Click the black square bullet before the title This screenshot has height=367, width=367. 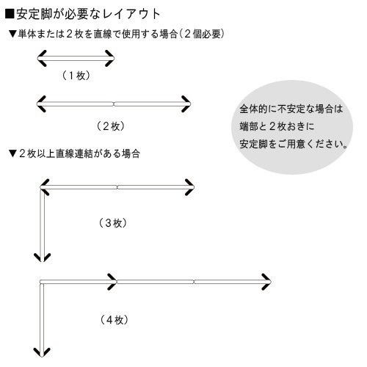pos(10,14)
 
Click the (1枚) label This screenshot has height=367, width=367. pos(76,76)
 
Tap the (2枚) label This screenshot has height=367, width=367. pos(111,126)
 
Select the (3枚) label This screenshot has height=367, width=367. pos(113,223)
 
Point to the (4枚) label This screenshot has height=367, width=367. pos(114,319)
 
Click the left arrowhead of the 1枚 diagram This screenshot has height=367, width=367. pos(42,58)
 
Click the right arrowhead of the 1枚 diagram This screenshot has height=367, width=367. pos(110,58)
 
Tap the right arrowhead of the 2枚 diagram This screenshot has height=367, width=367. pos(186,104)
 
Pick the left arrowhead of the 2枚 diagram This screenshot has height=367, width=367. pos(41,104)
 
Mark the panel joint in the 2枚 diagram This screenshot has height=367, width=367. pos(114,104)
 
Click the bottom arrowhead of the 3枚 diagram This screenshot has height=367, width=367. pos(42,258)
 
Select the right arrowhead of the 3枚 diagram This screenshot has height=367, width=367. pos(189,187)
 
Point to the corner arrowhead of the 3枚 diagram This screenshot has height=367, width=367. pos(45,187)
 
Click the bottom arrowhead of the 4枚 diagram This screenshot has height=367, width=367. pos(42,352)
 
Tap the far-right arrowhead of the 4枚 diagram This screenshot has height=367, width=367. pos(266,282)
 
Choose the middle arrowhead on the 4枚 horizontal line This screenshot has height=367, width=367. pos(112,282)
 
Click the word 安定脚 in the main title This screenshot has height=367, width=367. pos(34,14)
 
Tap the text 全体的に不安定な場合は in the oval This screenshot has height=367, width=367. pos(291,109)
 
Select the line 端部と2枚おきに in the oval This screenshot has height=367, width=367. pos(277,126)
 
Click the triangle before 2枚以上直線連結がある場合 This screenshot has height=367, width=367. pos(12,154)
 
